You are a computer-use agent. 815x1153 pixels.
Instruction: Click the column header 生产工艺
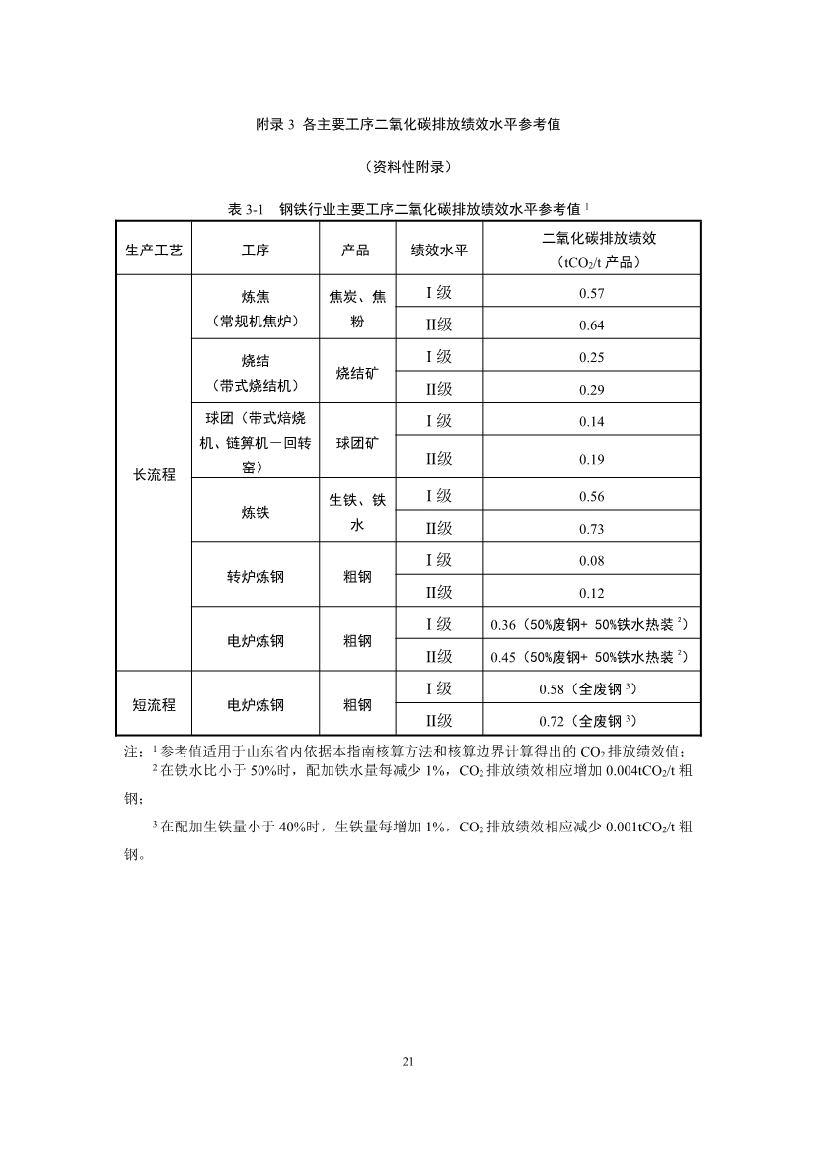coord(154,250)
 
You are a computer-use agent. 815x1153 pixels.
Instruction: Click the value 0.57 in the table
coord(592,293)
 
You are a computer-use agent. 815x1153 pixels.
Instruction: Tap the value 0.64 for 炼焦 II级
coord(592,325)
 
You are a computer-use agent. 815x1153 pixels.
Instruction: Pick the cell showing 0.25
coord(592,357)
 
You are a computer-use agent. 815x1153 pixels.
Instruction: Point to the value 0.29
coord(592,390)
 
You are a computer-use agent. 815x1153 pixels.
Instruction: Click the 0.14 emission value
coord(592,421)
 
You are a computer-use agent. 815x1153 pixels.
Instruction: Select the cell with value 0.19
coord(592,459)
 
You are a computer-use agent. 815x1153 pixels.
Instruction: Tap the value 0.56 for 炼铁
coord(592,496)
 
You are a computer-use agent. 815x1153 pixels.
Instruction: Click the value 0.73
coord(592,529)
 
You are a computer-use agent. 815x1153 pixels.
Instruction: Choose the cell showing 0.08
coord(592,560)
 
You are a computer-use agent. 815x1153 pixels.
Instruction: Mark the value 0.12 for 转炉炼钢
coord(592,593)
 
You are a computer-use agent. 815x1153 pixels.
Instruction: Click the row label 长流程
coord(154,474)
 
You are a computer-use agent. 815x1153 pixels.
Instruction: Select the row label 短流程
coord(154,704)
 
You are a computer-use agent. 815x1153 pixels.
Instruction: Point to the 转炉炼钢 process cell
coord(255,576)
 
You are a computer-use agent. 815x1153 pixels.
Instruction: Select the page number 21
coord(407,1061)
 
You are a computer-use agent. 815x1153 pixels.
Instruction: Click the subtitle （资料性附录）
coord(407,166)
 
